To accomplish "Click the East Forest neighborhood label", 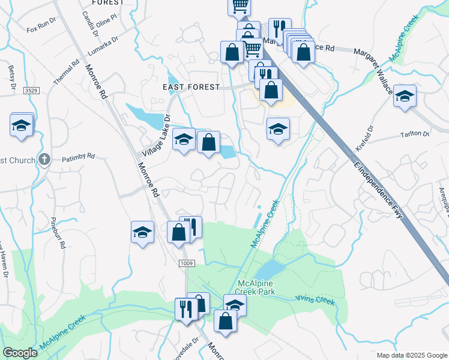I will tap(191, 87).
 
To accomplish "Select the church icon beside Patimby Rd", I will tap(44, 160).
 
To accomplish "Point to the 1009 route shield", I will tap(186, 263).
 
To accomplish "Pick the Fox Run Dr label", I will tap(40, 28).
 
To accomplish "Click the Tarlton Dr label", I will tap(418, 134).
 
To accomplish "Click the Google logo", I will tap(20, 353).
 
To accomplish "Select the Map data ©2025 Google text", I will tap(411, 355).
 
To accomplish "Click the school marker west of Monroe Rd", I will tap(143, 232).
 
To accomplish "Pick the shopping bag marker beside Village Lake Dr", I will tap(208, 143).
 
